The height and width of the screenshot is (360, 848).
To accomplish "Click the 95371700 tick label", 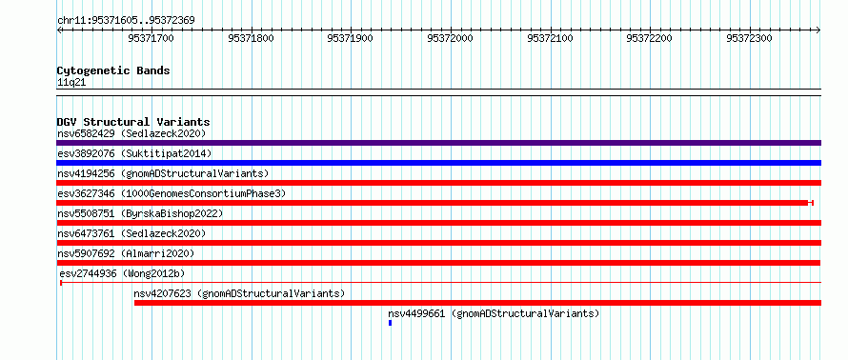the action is point(151,38).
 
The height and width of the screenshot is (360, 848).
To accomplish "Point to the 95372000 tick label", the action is point(450,38).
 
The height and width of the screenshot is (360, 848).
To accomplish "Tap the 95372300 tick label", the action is point(749,38).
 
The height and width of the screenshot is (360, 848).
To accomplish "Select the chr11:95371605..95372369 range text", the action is point(126,21).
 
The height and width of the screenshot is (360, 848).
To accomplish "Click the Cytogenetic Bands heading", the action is point(113,70).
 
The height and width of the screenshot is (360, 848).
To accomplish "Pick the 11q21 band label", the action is point(71,83).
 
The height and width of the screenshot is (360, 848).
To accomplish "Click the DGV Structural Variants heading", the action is point(133,122).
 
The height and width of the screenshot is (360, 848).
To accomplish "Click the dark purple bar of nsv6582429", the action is point(438,143).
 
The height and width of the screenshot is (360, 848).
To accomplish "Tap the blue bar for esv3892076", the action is point(438,163).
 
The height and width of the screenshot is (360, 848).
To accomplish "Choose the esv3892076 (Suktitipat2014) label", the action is point(134,153).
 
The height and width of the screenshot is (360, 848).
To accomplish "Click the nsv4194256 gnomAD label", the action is point(163,173).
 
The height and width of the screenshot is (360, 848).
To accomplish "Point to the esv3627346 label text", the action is point(172,193).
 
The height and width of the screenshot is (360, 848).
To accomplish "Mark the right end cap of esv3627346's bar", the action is point(811,203).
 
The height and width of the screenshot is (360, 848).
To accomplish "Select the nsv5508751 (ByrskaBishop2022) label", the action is point(140,213).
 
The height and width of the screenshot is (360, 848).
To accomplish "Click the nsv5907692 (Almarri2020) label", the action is point(126,253).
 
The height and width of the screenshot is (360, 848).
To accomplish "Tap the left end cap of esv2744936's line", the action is point(61,283).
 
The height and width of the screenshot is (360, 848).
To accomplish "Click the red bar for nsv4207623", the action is point(477,303).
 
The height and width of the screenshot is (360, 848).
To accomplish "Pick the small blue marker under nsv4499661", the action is point(390,323).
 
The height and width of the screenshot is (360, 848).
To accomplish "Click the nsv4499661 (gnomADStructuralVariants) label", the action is point(494,313).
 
